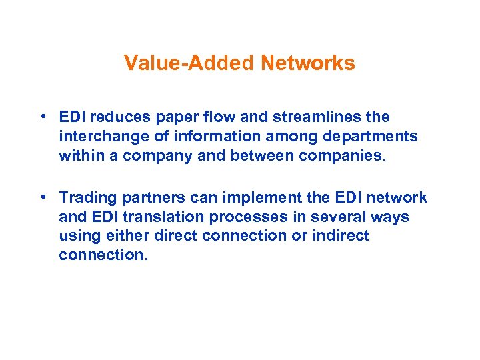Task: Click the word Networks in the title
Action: [308, 63]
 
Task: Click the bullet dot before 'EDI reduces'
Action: [42, 117]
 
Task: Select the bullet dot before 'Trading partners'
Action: [42, 197]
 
